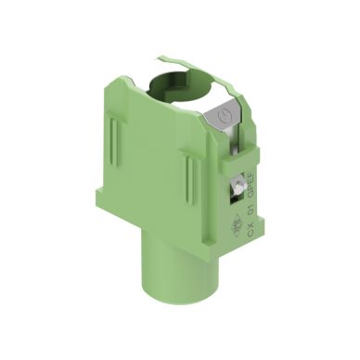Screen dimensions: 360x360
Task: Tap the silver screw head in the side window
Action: [x=239, y=188]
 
